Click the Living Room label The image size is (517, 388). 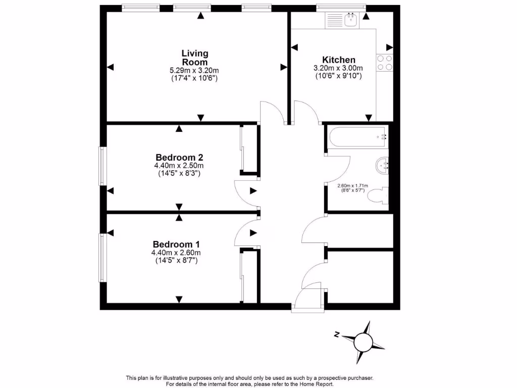click(195, 58)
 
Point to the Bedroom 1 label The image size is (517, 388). click(180, 244)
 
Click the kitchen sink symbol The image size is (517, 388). click(350, 21)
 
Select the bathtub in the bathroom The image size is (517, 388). click(357, 136)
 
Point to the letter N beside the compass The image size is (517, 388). click(336, 334)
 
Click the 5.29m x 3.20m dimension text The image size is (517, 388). click(195, 71)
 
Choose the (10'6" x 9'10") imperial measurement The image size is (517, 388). click(338, 76)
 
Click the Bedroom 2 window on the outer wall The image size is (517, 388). click(102, 166)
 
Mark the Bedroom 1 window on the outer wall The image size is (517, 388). click(102, 257)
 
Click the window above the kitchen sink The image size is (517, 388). click(340, 7)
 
